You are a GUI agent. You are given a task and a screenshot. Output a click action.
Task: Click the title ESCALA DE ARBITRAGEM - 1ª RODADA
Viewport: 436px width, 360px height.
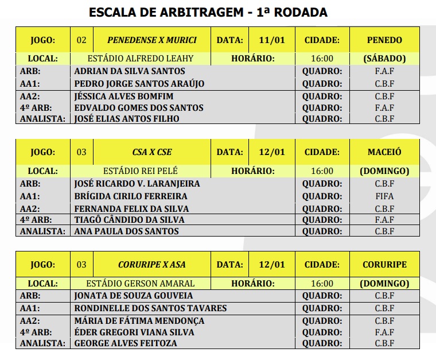pos(208,11)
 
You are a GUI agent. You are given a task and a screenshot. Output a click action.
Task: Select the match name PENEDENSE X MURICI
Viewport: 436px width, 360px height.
pos(152,40)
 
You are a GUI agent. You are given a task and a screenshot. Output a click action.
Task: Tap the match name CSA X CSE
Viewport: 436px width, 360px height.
pos(152,152)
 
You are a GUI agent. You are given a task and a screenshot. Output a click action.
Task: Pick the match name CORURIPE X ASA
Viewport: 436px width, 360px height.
pos(152,265)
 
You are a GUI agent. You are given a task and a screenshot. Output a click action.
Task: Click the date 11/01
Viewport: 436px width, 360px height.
pos(272,40)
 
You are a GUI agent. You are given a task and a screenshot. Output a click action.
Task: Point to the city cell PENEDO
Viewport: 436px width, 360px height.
pos(384,40)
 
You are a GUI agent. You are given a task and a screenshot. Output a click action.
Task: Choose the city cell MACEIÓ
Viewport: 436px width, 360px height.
pos(384,152)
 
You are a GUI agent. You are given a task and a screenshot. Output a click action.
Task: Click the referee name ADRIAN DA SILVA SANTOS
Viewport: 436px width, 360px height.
pos(130,71)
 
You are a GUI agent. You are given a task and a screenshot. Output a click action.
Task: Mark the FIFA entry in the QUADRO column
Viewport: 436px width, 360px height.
pos(384,196)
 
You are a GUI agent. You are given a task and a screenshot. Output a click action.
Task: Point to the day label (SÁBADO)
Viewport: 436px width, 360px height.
pos(384,59)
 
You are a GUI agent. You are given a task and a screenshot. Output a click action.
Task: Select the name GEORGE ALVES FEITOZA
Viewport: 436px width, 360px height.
pos(126,343)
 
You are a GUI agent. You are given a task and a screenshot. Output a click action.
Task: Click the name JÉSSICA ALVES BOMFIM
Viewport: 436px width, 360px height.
pos(124,96)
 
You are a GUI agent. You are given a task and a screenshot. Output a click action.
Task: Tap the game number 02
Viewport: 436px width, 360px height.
pos(81,40)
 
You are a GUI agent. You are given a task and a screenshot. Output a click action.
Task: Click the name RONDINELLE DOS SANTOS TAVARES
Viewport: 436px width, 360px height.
pos(150,308)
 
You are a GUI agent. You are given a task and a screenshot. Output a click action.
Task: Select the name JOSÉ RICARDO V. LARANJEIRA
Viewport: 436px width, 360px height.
pos(137,184)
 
